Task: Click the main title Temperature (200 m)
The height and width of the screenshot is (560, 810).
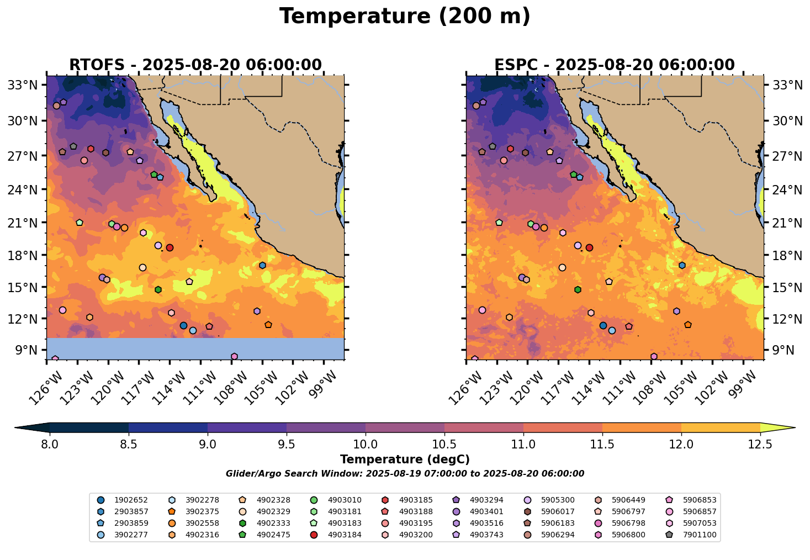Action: point(405,17)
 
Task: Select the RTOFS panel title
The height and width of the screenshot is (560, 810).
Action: point(195,65)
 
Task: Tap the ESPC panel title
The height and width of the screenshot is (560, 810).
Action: point(615,65)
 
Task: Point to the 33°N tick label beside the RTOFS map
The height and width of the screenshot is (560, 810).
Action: point(24,85)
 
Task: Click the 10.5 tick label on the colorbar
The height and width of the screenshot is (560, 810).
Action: point(444,445)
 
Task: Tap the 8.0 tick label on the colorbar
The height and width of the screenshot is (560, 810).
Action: point(50,445)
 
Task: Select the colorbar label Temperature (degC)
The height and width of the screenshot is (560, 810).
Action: point(405,459)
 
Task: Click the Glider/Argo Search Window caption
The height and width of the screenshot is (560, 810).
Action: point(405,474)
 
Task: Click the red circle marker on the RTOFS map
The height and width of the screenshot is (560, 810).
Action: point(170,248)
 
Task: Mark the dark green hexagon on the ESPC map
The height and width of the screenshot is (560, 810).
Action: point(578,290)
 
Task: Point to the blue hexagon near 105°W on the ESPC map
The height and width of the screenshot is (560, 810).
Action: point(682,266)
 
